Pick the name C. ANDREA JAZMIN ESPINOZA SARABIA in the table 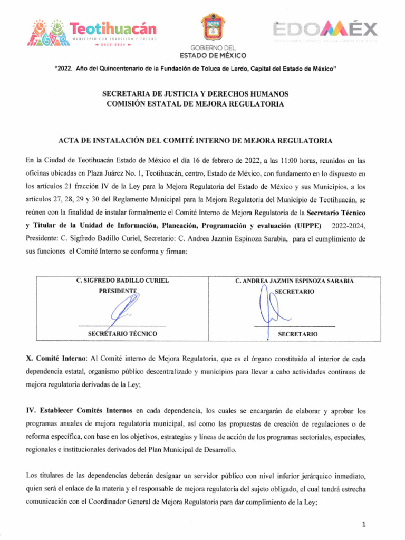(x=294, y=281)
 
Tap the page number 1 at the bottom (x=364, y=524)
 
